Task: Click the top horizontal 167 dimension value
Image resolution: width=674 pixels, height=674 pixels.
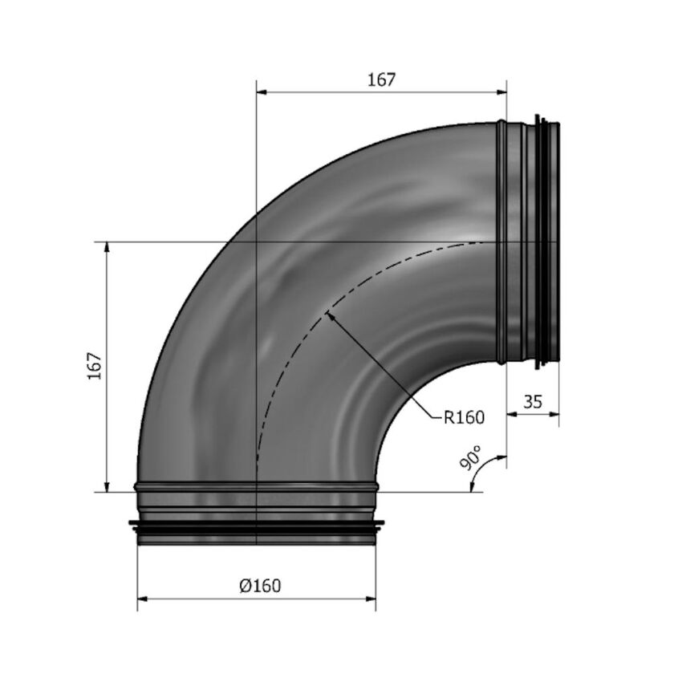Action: tap(382, 79)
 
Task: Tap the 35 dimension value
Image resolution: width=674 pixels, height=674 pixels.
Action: tap(533, 401)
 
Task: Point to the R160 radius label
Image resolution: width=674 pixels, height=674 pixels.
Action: tap(465, 417)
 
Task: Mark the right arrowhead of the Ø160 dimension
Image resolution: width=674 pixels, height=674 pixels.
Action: tap(372, 599)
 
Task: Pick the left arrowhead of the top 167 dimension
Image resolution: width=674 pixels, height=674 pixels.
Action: tap(261, 92)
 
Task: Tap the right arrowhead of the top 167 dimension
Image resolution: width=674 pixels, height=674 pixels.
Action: tap(502, 92)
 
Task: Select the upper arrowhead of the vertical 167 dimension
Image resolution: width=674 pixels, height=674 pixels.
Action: tap(107, 246)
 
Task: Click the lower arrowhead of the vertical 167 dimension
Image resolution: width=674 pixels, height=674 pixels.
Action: tap(107, 486)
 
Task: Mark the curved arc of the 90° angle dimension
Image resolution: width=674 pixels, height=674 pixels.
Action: tap(478, 469)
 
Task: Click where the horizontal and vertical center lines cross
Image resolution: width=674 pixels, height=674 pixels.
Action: tap(256, 241)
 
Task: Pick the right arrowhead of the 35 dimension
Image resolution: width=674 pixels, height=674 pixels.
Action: tap(555, 414)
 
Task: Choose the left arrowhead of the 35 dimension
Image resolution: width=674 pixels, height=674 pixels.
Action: tap(512, 414)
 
